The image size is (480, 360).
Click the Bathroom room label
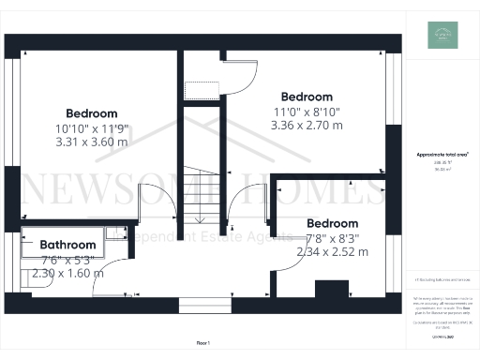[67, 246]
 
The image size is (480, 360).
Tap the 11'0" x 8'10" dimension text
[307, 112]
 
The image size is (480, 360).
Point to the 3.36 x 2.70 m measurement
[307, 125]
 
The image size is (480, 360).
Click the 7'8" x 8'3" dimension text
[332, 238]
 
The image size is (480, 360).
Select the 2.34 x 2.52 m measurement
[332, 252]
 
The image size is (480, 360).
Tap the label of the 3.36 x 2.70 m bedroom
[307, 97]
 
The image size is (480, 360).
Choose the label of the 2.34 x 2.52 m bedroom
[332, 223]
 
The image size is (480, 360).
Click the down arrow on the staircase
[200, 219]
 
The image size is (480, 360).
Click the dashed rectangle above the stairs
[201, 90]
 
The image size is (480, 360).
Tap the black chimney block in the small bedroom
[329, 290]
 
